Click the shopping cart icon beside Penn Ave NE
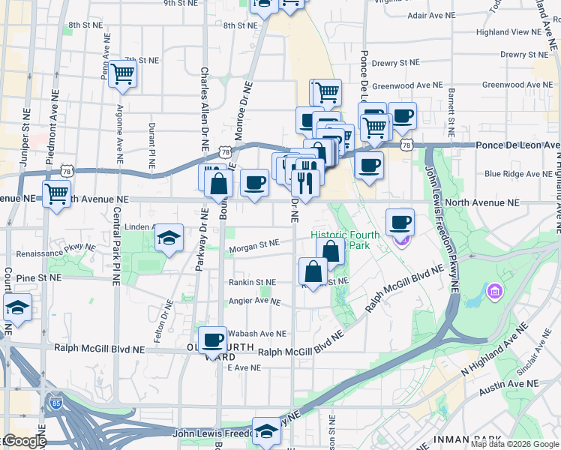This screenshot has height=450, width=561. pos(121,75)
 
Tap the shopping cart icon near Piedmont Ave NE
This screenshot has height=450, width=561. pos(57,194)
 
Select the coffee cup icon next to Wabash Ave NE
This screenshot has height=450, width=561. pos(214,340)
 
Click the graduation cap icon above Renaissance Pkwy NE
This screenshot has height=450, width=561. pos(169,238)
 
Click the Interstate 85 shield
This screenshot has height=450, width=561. pos(52,403)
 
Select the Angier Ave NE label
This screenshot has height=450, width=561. pos(253,301)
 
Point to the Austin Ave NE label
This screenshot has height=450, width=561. pos(510,383)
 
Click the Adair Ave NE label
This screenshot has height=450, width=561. pos(430,15)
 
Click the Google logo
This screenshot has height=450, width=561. pos(23,441)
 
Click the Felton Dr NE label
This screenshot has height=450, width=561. pos(160,323)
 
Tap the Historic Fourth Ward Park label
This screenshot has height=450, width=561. pos(346,240)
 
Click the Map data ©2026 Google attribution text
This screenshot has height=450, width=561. pos(514,444)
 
